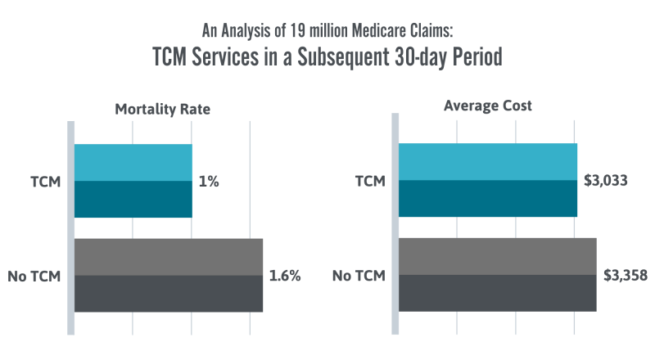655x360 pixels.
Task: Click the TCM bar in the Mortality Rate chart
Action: (x=133, y=181)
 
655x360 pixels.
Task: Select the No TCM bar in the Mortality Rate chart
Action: (x=168, y=275)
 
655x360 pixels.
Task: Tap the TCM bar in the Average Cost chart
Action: (x=487, y=181)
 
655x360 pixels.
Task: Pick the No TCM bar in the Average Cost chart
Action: (x=497, y=275)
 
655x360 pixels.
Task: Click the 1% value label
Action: (x=209, y=182)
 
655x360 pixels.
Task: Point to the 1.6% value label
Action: (x=285, y=276)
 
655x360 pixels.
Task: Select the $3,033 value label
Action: (x=606, y=181)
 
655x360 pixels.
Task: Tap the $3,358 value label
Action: (x=626, y=276)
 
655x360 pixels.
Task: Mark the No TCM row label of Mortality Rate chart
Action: (x=34, y=276)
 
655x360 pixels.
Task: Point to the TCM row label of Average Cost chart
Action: (x=370, y=182)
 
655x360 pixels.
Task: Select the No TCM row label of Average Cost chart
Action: (x=359, y=276)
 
